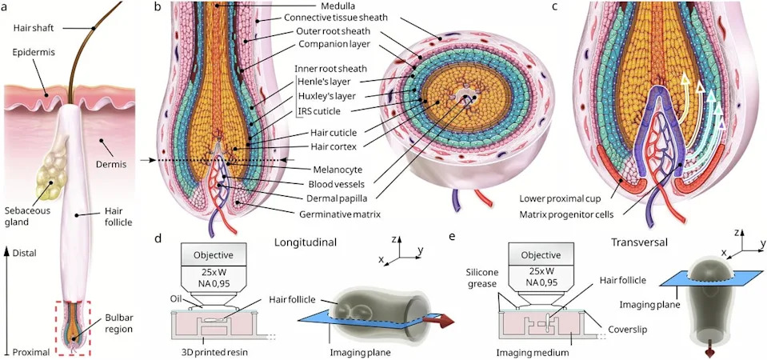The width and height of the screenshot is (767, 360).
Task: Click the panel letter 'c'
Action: pyautogui.click(x=554, y=7)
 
